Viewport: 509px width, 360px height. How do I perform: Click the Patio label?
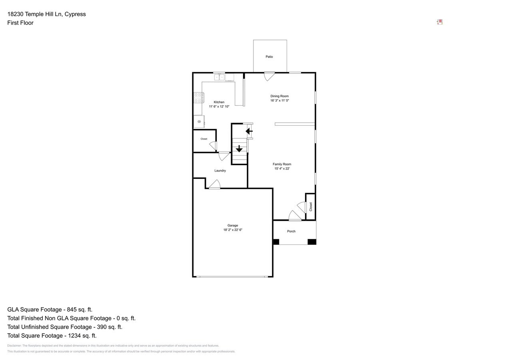pyautogui.click(x=269, y=57)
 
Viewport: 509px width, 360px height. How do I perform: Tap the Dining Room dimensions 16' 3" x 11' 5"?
pyautogui.click(x=279, y=101)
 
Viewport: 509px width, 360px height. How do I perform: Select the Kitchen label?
pyautogui.click(x=219, y=102)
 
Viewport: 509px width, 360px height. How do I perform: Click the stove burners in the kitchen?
pyautogui.click(x=198, y=98)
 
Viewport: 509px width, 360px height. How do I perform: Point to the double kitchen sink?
pyautogui.click(x=219, y=77)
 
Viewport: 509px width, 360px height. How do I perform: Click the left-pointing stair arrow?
pyautogui.click(x=249, y=131)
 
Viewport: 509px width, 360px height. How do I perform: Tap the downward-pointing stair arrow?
pyautogui.click(x=239, y=149)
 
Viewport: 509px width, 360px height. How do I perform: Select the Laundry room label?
pyautogui.click(x=220, y=171)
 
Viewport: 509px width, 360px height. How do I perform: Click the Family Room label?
pyautogui.click(x=282, y=164)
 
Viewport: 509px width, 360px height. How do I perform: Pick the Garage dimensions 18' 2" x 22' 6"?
pyautogui.click(x=233, y=230)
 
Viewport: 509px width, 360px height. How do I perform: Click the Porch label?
pyautogui.click(x=291, y=231)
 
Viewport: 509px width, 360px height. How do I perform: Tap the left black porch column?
pyautogui.click(x=276, y=242)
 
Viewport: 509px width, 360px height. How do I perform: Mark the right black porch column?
pyautogui.click(x=312, y=242)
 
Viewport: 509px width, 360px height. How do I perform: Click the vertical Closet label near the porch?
pyautogui.click(x=311, y=206)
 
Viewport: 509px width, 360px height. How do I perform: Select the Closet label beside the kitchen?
pyautogui.click(x=204, y=139)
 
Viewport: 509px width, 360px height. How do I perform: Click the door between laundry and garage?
pyautogui.click(x=215, y=185)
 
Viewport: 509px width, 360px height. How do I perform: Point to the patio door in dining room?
pyautogui.click(x=269, y=76)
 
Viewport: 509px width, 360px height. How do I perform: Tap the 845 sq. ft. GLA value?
pyautogui.click(x=80, y=310)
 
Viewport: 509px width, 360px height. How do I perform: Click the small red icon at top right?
pyautogui.click(x=439, y=22)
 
